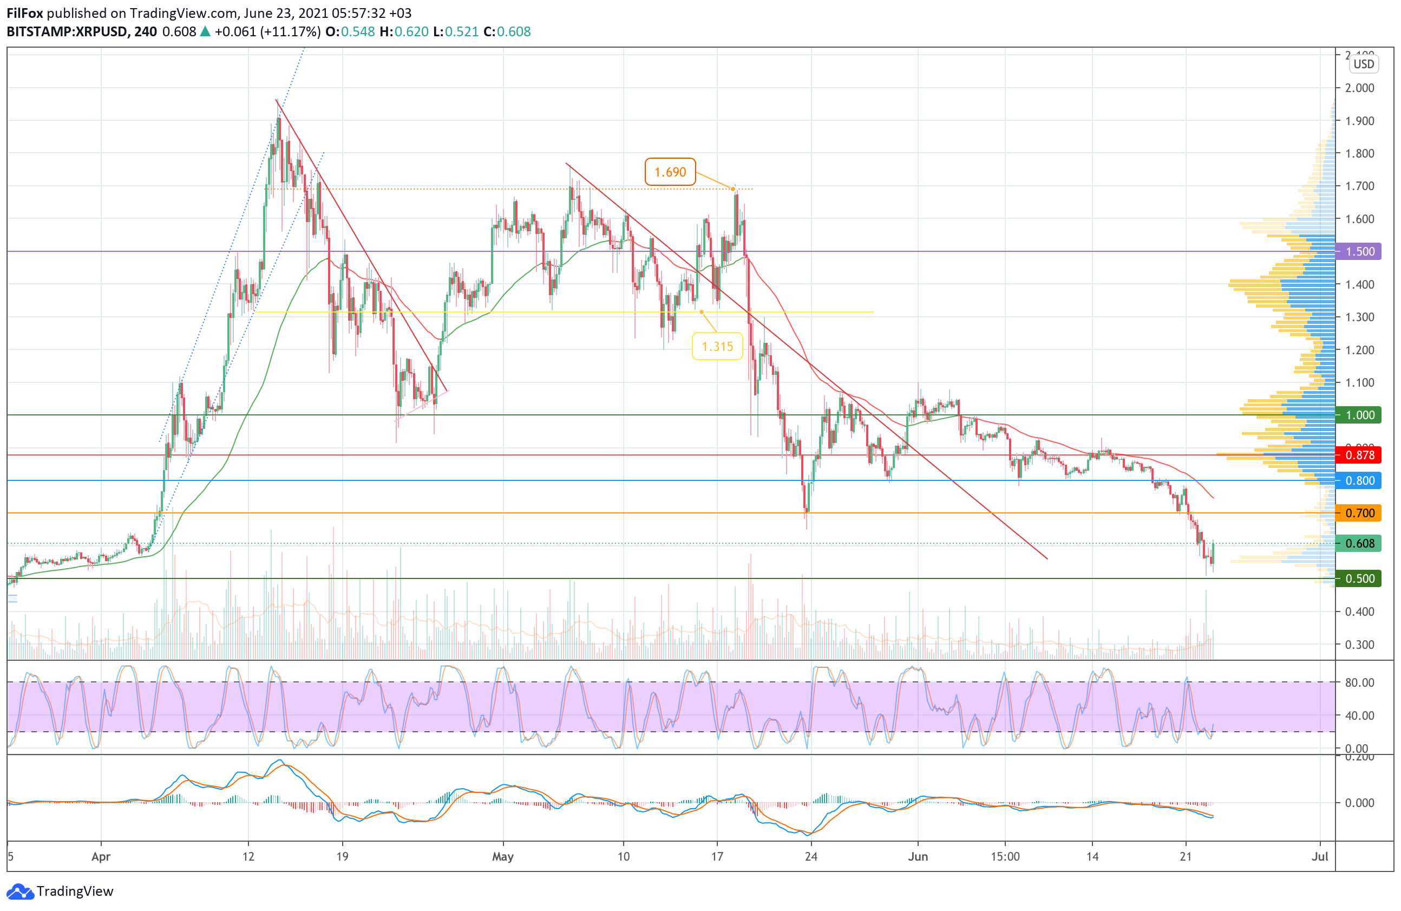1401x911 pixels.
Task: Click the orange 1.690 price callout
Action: click(670, 172)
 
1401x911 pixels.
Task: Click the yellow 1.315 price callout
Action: click(717, 346)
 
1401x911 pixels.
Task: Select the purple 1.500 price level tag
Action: click(1359, 251)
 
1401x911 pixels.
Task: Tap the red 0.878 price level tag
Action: click(1359, 455)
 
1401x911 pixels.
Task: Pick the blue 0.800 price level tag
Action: click(1359, 480)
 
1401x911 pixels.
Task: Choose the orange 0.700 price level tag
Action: click(1359, 513)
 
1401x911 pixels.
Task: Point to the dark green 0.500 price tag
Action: click(1359, 578)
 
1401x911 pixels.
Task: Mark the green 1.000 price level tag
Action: click(1359, 415)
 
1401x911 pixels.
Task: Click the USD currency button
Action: click(1363, 64)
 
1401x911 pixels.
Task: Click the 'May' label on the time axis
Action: click(503, 856)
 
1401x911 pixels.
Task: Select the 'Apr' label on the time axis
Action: click(101, 856)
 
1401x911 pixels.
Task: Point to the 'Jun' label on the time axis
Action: click(918, 856)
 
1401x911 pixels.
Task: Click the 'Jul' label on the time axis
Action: click(1320, 856)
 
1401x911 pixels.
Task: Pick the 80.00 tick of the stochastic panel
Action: click(1359, 682)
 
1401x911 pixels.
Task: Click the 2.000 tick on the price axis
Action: click(1359, 88)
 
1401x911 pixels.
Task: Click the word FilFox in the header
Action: click(25, 13)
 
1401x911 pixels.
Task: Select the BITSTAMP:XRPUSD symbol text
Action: click(67, 32)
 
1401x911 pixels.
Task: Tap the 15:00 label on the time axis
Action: click(1005, 856)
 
